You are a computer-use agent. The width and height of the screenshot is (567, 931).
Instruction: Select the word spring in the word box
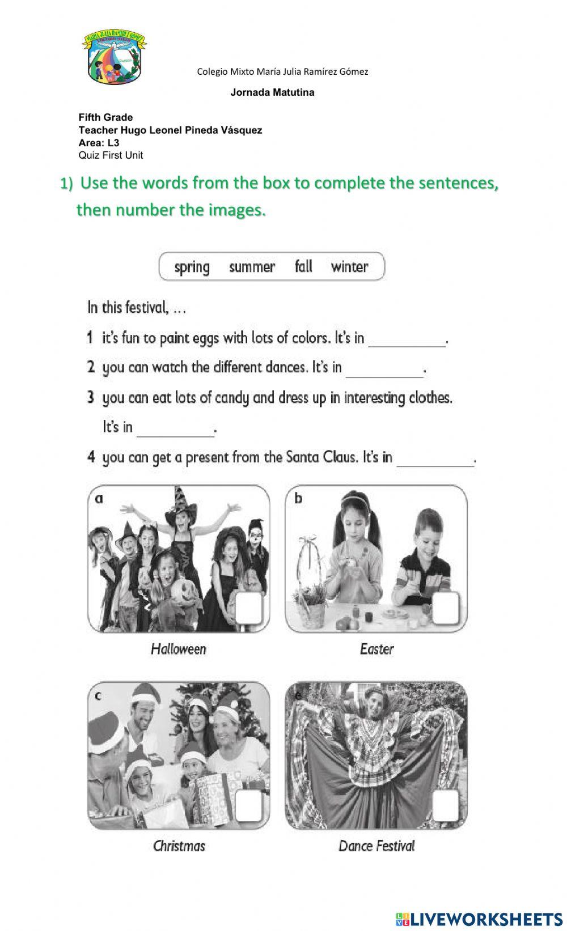pos(192,267)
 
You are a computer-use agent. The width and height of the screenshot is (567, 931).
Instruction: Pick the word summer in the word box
pos(252,267)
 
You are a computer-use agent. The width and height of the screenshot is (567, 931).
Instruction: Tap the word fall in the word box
pos(303,266)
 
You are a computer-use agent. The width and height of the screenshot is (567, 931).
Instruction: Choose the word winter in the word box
pos(349,267)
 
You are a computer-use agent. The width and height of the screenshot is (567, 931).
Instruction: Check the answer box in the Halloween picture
pos(249,609)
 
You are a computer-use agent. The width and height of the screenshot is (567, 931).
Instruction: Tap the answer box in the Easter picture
pos(446,609)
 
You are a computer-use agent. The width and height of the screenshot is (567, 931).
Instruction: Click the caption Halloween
pos(179,649)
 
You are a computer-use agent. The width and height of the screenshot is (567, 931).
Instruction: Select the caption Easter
pos(376,649)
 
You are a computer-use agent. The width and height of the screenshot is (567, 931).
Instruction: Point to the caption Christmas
pos(179,847)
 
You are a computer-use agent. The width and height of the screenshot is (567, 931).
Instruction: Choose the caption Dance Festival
pos(376,847)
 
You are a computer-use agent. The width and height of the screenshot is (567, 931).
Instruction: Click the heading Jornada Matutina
pos(272,92)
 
